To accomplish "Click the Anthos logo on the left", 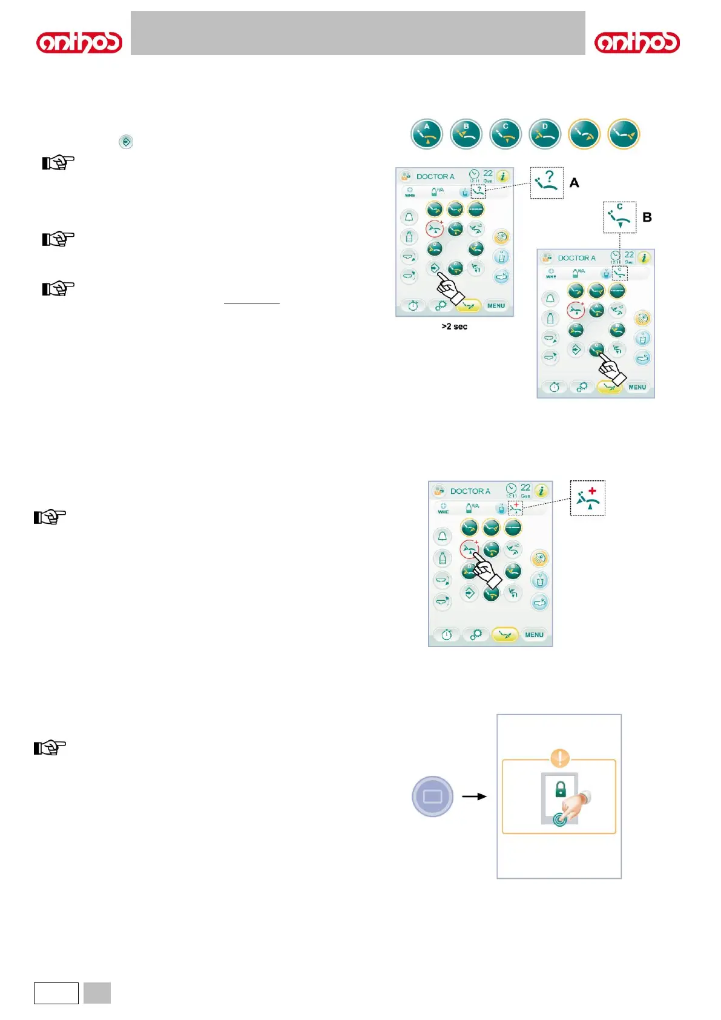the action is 79,43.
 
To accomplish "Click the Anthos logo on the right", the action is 637,43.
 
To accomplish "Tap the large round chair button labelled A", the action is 427,134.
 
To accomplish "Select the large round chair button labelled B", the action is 466,134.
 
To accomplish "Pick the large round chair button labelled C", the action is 505,134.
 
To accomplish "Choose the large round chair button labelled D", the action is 545,134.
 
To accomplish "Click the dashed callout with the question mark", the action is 547,183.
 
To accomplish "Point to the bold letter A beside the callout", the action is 574,183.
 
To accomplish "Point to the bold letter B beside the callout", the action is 647,217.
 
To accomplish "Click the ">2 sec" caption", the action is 454,326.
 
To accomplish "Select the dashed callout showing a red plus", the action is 587,498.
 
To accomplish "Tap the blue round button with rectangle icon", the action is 432,796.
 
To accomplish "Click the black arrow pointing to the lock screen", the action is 474,796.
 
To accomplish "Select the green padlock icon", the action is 561,789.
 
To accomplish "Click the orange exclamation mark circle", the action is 560,758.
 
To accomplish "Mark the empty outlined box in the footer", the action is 56,993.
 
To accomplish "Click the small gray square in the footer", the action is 97,993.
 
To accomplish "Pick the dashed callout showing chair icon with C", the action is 619,217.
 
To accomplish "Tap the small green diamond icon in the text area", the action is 126,142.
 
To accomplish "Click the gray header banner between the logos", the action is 358,33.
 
